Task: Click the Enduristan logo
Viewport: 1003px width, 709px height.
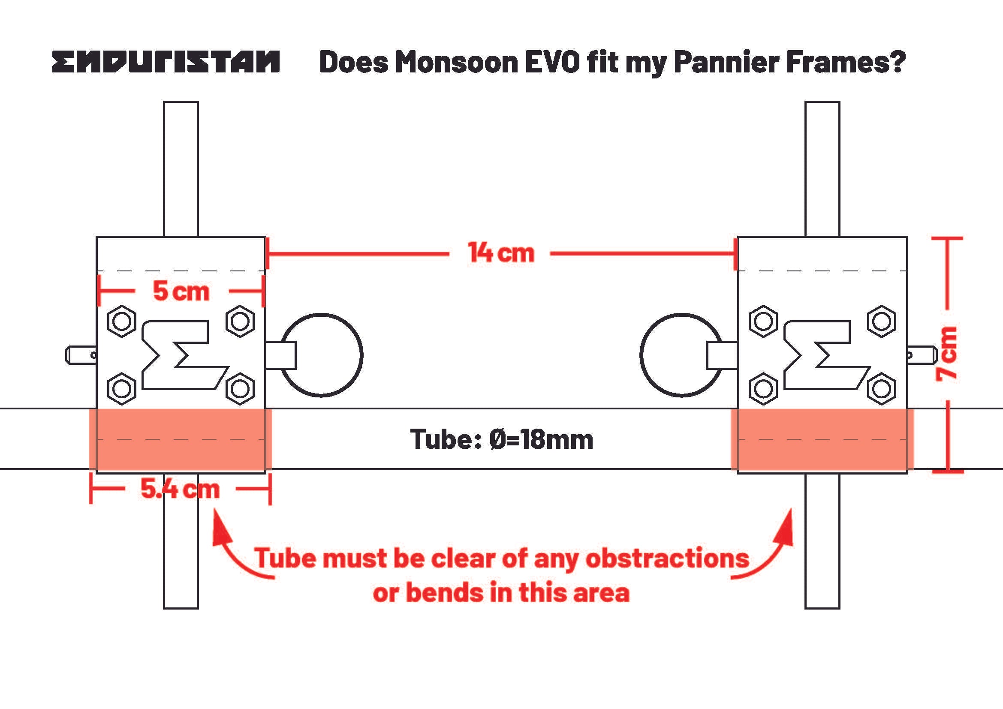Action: pos(166,62)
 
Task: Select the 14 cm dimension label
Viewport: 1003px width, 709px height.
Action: pos(500,253)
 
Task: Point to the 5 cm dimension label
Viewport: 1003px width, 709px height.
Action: pos(181,291)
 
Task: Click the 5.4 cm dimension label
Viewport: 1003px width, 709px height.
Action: pos(180,489)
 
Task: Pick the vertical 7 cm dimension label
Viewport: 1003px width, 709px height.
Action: pos(947,354)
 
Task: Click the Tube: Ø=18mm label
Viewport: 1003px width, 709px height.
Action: pos(502,439)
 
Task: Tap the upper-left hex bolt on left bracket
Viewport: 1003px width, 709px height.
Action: pos(121,321)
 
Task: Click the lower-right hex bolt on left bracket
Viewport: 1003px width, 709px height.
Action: pos(240,388)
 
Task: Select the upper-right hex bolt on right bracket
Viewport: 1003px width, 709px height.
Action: pos(882,321)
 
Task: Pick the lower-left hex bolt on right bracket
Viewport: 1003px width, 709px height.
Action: pos(763,388)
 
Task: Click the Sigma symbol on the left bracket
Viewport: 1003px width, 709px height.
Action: pos(181,354)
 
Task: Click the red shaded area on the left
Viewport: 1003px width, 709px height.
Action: pos(180,439)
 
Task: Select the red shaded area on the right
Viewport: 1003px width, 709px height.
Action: pos(822,439)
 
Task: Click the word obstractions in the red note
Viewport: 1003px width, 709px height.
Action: pos(667,559)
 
